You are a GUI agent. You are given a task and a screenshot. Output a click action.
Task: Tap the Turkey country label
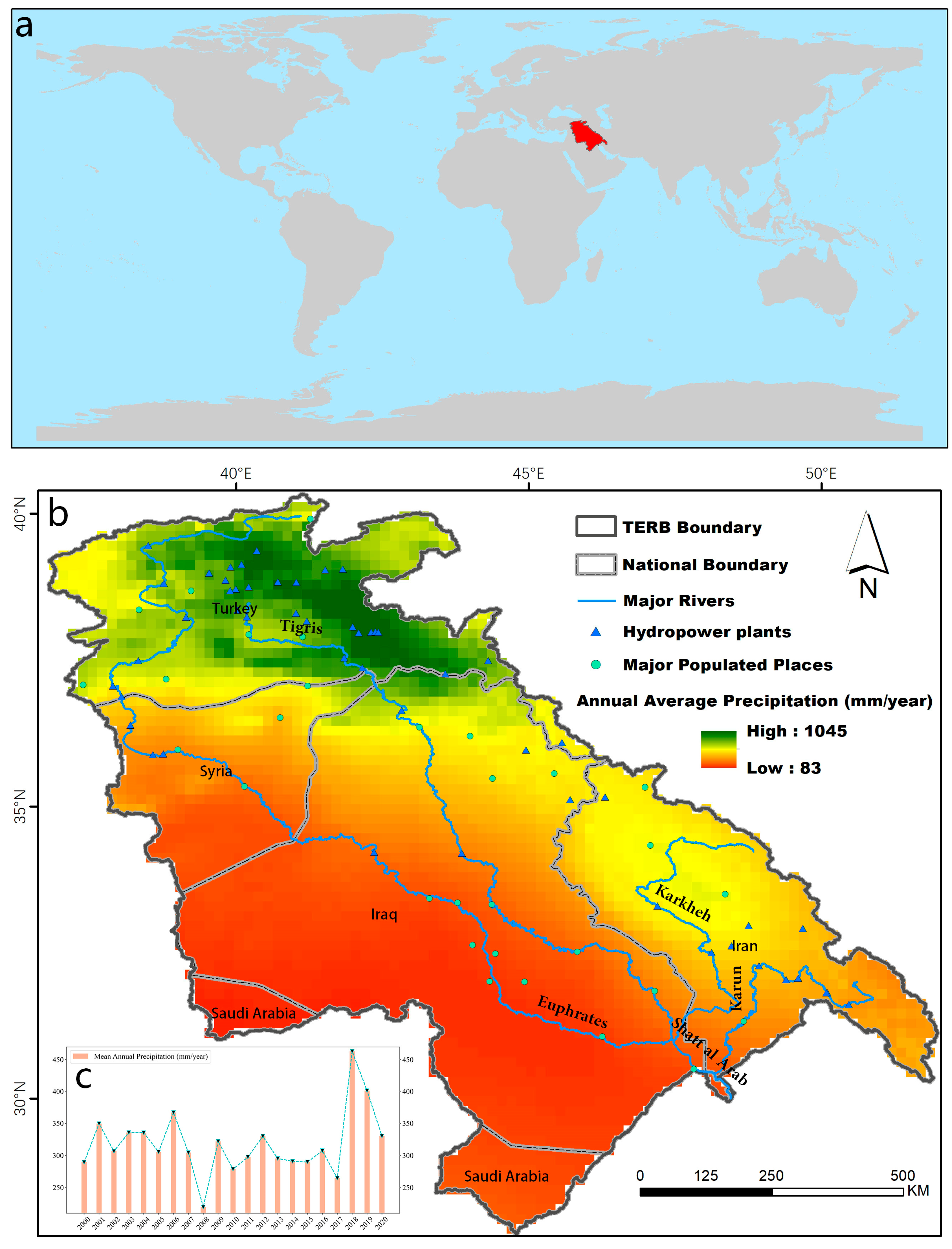point(234,608)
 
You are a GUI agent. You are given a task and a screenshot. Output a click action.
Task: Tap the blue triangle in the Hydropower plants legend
point(595,632)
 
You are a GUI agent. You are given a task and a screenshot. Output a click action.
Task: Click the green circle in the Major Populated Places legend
point(595,665)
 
